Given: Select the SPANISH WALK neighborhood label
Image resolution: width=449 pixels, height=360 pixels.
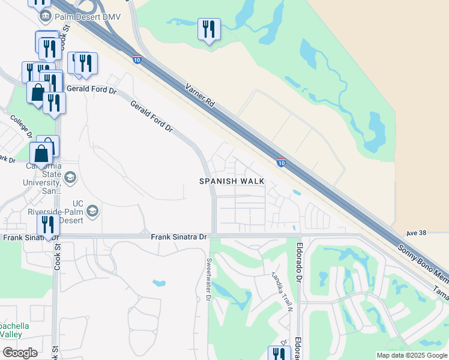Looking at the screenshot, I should pos(232,181).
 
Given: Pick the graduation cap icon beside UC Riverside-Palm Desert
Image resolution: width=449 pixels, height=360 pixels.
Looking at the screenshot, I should pos(92,211).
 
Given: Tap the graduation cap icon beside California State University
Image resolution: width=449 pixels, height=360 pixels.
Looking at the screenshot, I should pos(70,176).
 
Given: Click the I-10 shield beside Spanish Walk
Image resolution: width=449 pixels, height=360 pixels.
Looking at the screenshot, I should pos(281,163).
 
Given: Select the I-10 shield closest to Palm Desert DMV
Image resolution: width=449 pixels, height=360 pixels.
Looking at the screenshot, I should pos(137,59).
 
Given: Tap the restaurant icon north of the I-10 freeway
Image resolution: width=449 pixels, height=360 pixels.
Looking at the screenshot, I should pos(209,29).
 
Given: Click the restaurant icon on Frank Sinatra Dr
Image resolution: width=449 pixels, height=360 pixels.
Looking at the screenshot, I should pos(47,226).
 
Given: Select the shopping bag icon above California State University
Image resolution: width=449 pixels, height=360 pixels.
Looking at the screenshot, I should pos(42,154).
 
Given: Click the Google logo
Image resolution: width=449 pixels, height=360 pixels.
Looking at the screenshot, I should pos(20,353).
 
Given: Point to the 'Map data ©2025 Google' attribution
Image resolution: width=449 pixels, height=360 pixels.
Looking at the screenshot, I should pos(411,355).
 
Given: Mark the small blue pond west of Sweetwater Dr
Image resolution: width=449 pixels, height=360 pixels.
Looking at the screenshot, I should pos(158,282).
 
